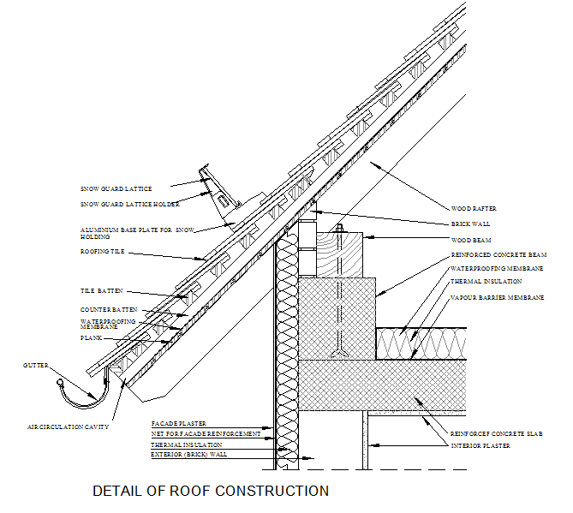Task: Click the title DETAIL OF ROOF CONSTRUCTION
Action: [210, 492]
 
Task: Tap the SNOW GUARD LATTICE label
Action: [115, 188]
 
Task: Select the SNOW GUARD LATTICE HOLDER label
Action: [129, 204]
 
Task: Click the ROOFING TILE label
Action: [103, 253]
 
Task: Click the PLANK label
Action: [92, 338]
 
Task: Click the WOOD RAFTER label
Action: [474, 208]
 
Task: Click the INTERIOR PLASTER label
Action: [479, 446]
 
